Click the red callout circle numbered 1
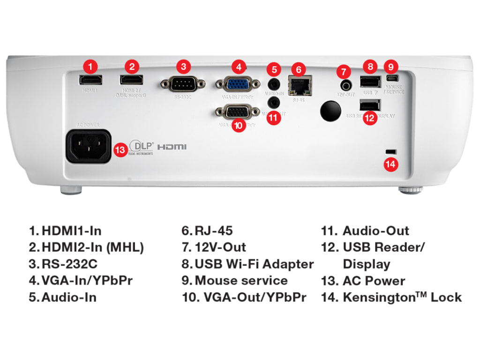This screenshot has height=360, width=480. [x=91, y=66]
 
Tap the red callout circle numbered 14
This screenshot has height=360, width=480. [x=390, y=164]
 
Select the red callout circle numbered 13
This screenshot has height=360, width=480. [x=120, y=150]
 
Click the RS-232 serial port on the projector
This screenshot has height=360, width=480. [x=183, y=84]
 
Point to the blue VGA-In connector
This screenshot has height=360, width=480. [x=238, y=84]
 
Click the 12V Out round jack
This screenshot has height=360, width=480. [x=346, y=85]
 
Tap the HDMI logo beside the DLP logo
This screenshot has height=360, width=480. [x=172, y=147]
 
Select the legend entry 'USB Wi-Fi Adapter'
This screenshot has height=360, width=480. [x=254, y=264]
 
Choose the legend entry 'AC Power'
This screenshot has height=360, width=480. [x=374, y=281]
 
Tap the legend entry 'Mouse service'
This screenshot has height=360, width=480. [x=241, y=281]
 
